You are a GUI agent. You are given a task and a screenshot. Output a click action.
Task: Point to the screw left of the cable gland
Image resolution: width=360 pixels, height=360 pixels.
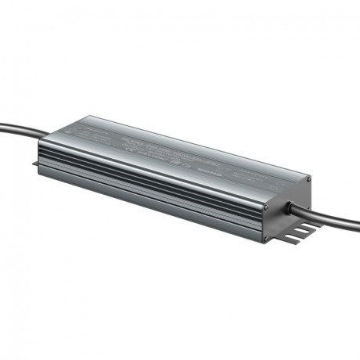coord(266,210)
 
